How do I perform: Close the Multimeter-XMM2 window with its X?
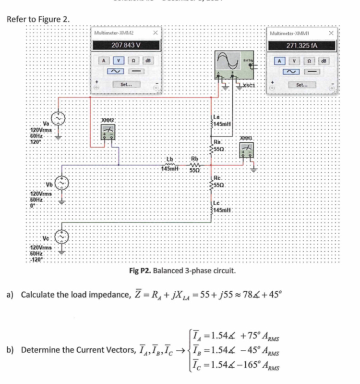(x=155, y=33)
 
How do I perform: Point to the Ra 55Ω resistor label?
(x=218, y=146)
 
